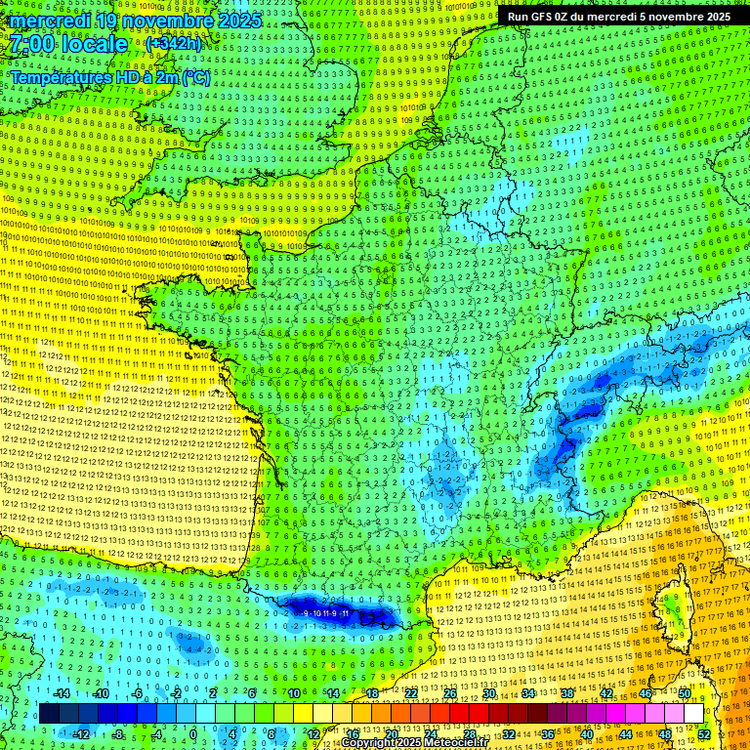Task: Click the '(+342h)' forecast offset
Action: [173, 44]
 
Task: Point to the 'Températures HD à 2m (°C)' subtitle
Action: [110, 77]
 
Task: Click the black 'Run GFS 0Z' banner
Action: [617, 17]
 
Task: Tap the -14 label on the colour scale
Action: [62, 692]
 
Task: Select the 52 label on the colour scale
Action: [704, 733]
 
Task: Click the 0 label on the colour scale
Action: [193, 733]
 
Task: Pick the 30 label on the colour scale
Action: [488, 692]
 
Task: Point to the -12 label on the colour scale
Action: [81, 733]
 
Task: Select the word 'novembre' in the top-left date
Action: [158, 21]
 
